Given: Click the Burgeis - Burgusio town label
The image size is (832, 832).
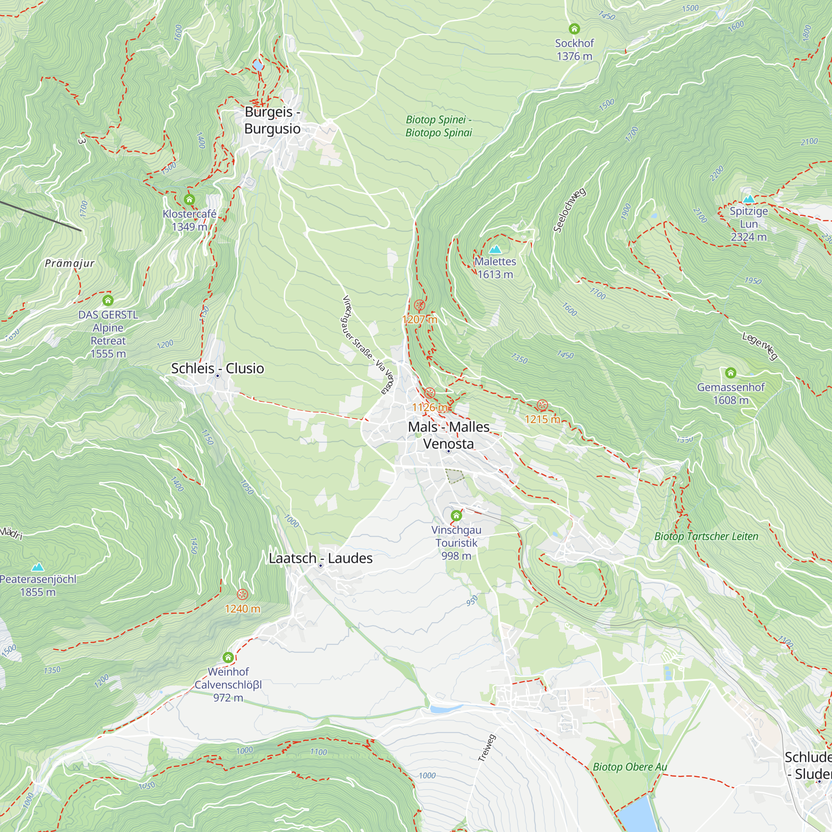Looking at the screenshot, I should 272,120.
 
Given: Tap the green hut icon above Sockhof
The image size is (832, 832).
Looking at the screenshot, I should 574,29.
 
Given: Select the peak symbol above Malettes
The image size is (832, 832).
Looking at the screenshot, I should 495,249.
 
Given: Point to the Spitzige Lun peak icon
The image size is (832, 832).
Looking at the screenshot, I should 749,198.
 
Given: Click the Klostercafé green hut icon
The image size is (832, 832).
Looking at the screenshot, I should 189,199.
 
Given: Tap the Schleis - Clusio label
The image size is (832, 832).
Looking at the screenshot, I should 218,368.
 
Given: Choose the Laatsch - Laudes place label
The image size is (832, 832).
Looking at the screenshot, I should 320,558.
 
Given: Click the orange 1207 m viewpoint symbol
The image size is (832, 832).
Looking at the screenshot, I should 419,305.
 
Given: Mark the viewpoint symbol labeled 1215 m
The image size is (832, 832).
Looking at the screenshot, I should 542,405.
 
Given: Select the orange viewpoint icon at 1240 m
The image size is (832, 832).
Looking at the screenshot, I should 243,594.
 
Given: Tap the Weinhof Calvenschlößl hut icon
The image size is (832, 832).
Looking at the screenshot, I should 228,657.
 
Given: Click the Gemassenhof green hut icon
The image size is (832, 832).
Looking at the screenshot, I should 730,372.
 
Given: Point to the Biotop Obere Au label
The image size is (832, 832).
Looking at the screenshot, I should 629,767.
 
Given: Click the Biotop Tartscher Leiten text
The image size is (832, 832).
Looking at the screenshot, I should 706,536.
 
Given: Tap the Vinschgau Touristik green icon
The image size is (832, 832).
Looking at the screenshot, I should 456,515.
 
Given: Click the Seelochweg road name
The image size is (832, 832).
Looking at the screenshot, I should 570,210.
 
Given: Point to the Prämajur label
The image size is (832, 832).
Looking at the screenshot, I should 69,263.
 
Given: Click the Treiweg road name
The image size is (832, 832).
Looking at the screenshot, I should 487,748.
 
